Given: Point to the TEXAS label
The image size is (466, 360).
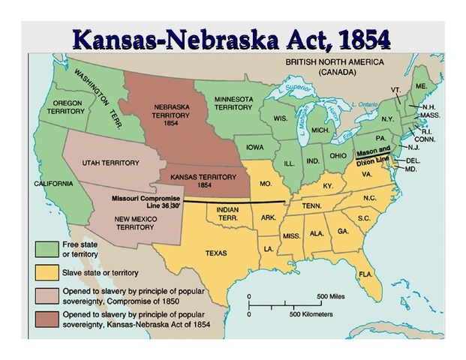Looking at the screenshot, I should [x=216, y=253].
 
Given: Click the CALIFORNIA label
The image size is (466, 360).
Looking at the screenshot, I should [x=53, y=183].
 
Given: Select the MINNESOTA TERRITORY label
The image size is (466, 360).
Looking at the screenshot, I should [x=233, y=103].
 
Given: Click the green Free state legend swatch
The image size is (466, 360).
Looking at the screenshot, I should [x=47, y=248].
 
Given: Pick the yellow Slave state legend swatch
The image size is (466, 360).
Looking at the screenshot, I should [x=47, y=271].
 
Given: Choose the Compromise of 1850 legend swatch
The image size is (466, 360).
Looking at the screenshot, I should [x=47, y=295].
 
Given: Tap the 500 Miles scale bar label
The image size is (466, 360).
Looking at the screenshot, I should [x=332, y=296].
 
